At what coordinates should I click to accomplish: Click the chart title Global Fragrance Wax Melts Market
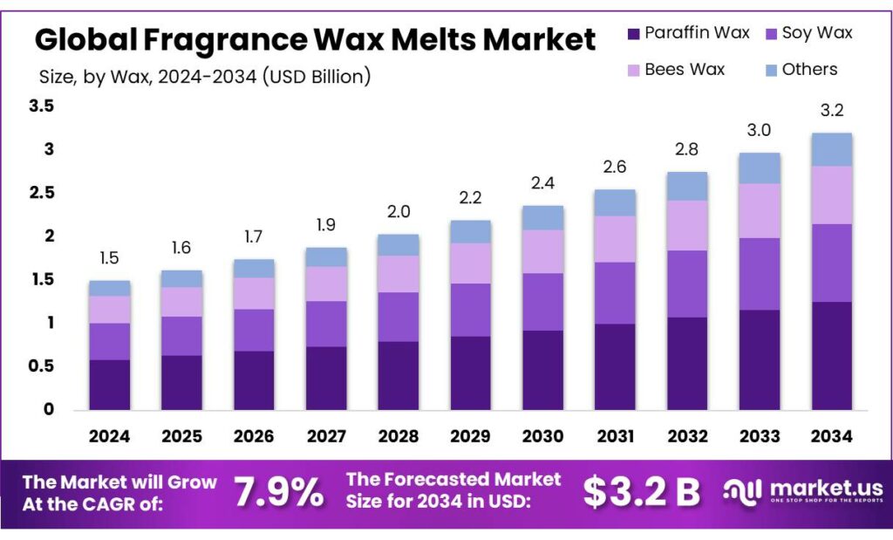click(315, 40)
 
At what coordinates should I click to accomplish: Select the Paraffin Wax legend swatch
click(634, 34)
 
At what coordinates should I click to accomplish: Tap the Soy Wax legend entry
click(771, 34)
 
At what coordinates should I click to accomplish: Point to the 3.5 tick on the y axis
click(41, 106)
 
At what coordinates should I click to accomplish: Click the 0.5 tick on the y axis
click(41, 366)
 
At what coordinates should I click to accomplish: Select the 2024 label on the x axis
click(109, 435)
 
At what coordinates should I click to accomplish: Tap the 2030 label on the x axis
click(542, 435)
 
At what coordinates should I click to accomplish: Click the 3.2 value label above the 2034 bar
click(831, 111)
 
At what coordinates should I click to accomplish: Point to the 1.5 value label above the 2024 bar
click(109, 259)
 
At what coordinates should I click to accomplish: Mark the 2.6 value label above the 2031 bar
click(615, 167)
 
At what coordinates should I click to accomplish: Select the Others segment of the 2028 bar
click(398, 245)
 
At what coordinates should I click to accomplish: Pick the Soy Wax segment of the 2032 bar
click(687, 284)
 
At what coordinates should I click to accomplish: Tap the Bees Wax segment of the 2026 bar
click(254, 293)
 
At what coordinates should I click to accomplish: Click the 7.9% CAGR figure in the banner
click(278, 493)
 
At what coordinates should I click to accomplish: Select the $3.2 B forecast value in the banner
click(642, 493)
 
